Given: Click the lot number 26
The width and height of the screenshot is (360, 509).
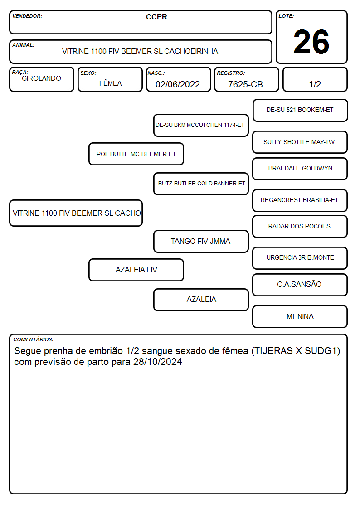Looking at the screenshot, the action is point(311,42).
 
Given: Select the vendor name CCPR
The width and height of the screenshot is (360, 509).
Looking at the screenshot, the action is point(156,17).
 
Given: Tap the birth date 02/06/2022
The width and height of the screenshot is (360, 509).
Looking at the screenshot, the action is point(178,84).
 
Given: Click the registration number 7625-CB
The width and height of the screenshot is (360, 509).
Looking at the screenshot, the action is point(245,84).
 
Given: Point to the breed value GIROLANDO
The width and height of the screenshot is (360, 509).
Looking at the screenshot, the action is point(41,78).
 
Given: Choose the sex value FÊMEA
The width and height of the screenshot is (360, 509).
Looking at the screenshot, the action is point(110,83).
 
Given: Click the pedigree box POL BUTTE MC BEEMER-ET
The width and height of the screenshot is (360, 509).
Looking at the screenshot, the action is point(136,154).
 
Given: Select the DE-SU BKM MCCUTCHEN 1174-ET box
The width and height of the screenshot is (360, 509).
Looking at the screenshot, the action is point(201,125).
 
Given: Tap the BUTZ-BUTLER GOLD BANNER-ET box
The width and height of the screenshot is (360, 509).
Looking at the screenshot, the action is point(201,184).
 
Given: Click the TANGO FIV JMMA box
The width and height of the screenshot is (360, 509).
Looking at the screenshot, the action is point(201,241).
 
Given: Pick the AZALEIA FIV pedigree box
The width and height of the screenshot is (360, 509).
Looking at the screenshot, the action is point(136,270).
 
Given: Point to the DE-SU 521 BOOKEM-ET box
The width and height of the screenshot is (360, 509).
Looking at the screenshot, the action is point(300,110).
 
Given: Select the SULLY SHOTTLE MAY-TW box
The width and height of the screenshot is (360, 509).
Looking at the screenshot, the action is point(300,142).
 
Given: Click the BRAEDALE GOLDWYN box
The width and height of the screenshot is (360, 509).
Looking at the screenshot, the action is point(300,169).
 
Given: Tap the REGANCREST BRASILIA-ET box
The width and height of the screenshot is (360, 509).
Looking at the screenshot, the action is point(300,200).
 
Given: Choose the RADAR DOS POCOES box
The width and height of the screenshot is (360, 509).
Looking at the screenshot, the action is point(300,226).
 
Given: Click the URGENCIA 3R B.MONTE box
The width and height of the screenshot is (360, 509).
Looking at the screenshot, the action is point(300,258).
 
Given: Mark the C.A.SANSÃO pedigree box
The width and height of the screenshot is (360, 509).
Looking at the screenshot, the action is point(300,285).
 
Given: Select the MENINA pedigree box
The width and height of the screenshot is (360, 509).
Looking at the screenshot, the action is point(300,316).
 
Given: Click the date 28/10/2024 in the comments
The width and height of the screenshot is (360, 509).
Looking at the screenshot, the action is point(158,362).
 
